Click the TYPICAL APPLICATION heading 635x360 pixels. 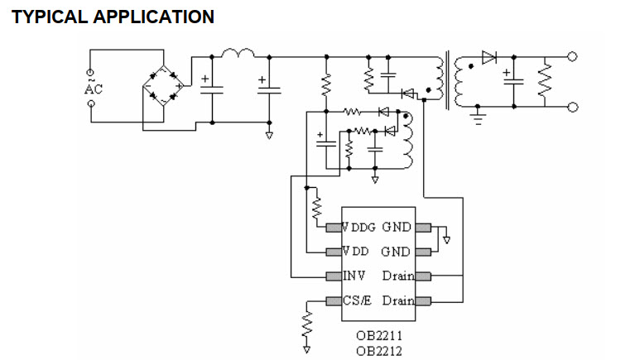tap(113, 16)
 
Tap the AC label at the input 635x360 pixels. tap(93, 89)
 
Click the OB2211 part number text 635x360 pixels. tap(379, 337)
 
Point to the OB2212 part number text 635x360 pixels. tap(379, 350)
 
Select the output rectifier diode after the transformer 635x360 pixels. tap(488, 57)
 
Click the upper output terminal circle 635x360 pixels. tap(572, 57)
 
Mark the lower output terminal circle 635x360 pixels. tap(572, 107)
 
